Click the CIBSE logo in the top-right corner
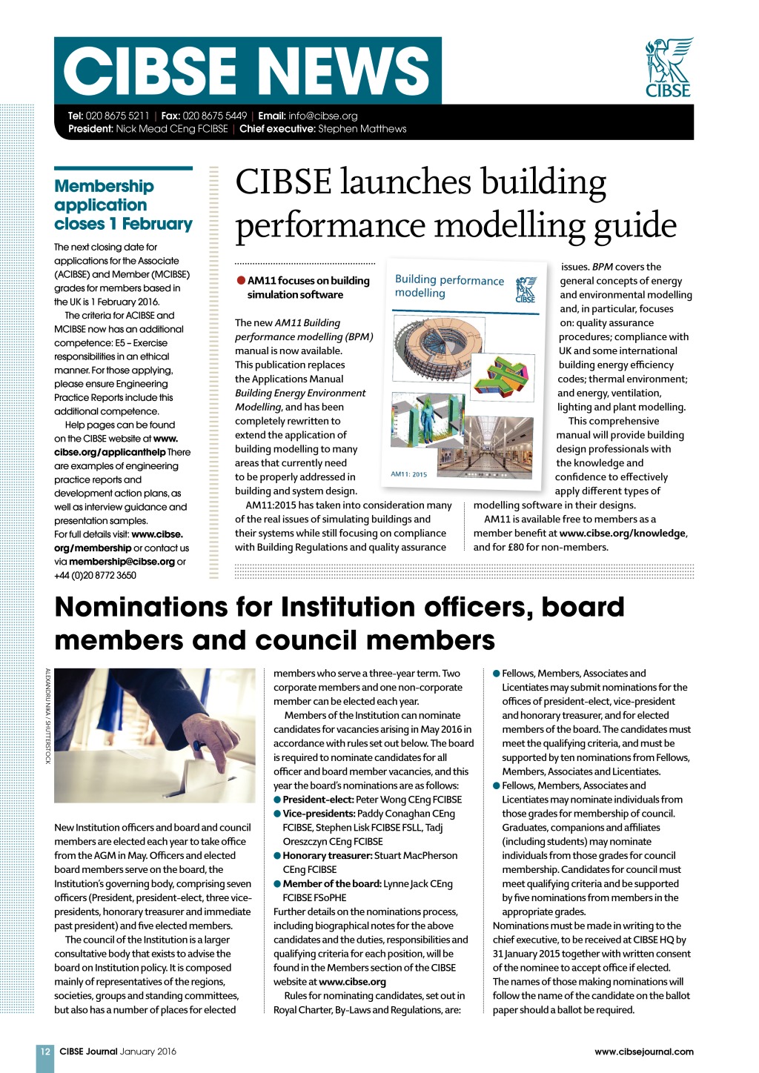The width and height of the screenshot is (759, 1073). [669, 67]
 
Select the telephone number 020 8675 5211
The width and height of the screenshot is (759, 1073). [117, 116]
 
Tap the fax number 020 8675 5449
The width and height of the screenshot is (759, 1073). [214, 116]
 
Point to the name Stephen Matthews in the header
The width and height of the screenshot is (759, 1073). [362, 129]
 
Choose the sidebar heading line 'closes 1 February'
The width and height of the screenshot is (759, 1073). [123, 224]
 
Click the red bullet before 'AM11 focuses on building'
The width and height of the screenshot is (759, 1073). [241, 280]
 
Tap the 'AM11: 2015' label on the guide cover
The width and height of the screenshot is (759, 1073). [408, 474]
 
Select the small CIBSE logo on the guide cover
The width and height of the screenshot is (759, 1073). [526, 290]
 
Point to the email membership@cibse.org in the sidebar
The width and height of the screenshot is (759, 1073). [122, 562]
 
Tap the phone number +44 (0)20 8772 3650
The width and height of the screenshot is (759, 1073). [95, 575]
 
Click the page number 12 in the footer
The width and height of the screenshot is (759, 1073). [45, 1051]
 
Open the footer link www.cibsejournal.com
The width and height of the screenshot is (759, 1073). [643, 1051]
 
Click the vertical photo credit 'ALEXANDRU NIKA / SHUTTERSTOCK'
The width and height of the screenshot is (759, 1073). [47, 716]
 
